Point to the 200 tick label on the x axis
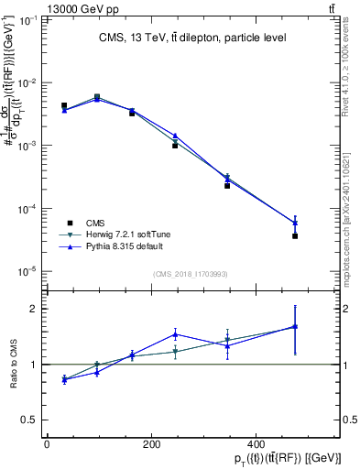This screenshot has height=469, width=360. (x=170, y=445)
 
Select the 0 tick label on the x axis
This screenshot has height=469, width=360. (x=47, y=445)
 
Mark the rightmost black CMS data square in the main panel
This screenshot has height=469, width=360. (x=295, y=236)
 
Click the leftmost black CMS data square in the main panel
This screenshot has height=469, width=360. (x=64, y=106)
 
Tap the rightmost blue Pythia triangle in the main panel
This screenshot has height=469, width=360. (x=295, y=223)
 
